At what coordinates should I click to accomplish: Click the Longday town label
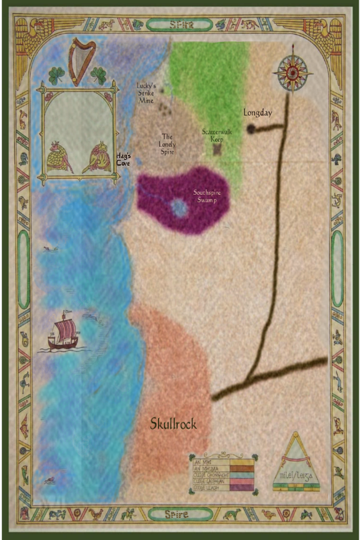[x=257, y=112]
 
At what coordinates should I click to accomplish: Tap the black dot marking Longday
[x=251, y=129]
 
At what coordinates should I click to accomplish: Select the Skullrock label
[x=173, y=424]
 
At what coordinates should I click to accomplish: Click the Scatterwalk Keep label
[x=217, y=136]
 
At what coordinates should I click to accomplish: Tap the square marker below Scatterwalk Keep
[x=217, y=149]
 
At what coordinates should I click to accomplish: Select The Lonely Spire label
[x=167, y=144]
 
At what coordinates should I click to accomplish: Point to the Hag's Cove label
[x=123, y=160]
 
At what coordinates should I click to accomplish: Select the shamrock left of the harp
[x=57, y=75]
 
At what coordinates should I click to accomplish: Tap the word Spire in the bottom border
[x=180, y=514]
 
